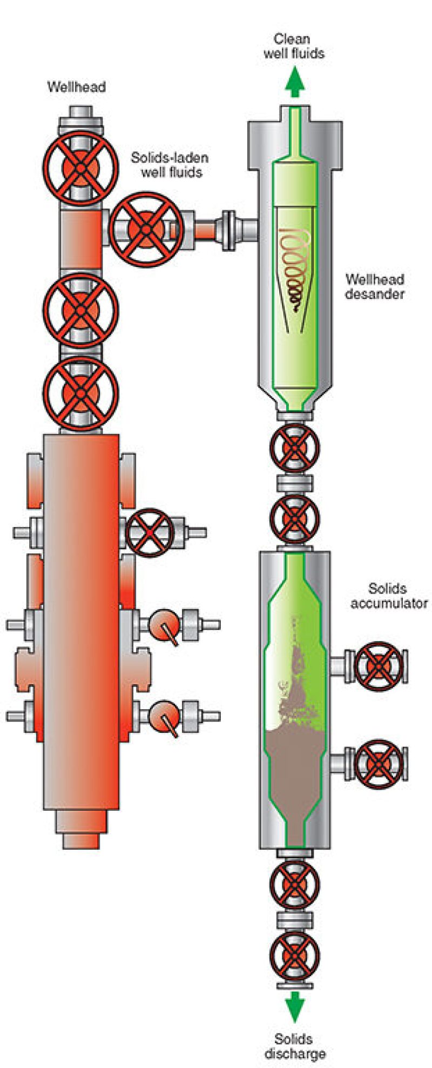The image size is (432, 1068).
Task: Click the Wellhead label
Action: click(x=76, y=86)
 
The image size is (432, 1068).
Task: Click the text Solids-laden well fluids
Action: click(x=170, y=165)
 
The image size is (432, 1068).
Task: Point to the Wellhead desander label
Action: click(x=375, y=286)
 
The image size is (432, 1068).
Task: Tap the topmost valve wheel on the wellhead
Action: click(x=80, y=168)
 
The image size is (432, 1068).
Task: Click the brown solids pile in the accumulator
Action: click(x=294, y=767)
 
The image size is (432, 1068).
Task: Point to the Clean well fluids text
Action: click(x=294, y=46)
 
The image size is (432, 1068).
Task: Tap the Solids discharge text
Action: click(x=294, y=1046)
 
